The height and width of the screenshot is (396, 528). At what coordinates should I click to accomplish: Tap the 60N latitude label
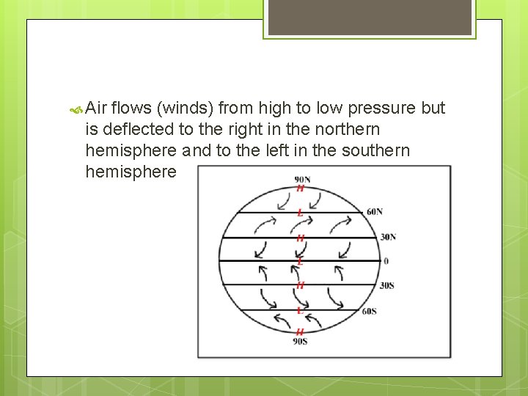pyautogui.click(x=374, y=212)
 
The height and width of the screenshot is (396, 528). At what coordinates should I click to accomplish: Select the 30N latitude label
pyautogui.click(x=388, y=237)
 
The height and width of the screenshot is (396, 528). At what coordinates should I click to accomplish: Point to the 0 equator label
pyautogui.click(x=386, y=261)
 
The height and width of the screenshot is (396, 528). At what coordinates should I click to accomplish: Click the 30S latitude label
pyautogui.click(x=386, y=285)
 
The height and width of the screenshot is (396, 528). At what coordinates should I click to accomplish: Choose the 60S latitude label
pyautogui.click(x=370, y=311)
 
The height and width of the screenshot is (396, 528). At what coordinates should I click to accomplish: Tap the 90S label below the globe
pyautogui.click(x=300, y=341)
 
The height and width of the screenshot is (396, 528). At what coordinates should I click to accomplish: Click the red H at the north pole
pyautogui.click(x=300, y=188)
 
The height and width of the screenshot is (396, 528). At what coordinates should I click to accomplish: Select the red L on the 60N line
pyautogui.click(x=300, y=213)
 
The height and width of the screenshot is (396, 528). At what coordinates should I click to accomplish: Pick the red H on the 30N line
pyautogui.click(x=300, y=238)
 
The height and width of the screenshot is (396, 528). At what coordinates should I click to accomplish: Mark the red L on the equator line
pyautogui.click(x=300, y=261)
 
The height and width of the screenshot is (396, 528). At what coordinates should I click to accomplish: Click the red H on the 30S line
pyautogui.click(x=300, y=285)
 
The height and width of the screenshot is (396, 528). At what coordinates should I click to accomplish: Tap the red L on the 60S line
pyautogui.click(x=300, y=310)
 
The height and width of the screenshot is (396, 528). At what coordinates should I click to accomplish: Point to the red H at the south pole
pyautogui.click(x=300, y=332)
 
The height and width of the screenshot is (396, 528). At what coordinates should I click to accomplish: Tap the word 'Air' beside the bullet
pyautogui.click(x=97, y=109)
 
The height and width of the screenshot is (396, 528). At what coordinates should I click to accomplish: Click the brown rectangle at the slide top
pyautogui.click(x=369, y=16)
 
